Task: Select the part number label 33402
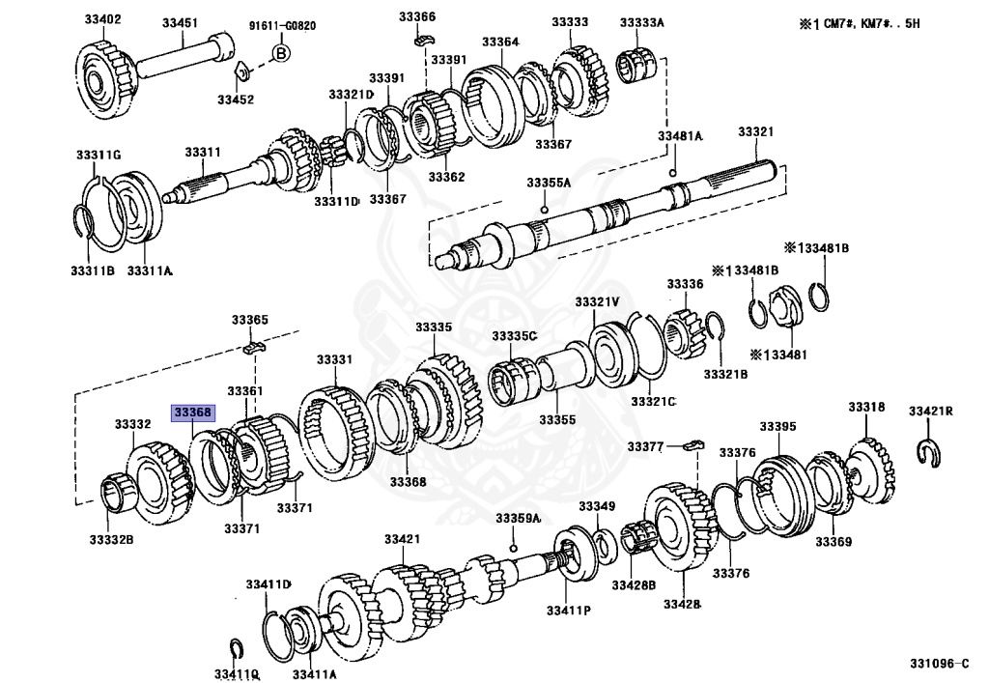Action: point(100,20)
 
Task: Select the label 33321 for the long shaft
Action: point(757,131)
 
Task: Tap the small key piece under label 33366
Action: point(421,39)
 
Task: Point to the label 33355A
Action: point(549,182)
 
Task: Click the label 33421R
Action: point(930,412)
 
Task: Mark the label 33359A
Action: point(518,520)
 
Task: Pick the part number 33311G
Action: point(99,155)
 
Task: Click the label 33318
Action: point(866,407)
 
